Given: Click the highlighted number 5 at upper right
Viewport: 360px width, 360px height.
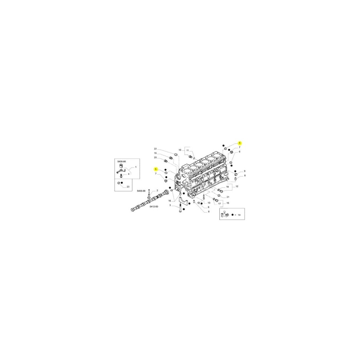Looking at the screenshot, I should [x=240, y=143].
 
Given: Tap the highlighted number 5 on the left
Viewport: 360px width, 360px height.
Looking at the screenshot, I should [x=156, y=169].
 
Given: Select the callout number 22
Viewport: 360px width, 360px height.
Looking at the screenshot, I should [x=155, y=149].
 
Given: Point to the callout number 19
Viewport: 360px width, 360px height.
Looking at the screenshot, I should [x=155, y=153].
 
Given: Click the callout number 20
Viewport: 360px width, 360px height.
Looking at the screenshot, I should [x=155, y=157].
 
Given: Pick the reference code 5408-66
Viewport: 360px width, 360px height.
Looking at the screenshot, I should [x=122, y=162].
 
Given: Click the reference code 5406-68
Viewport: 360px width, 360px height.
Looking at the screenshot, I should [x=141, y=191].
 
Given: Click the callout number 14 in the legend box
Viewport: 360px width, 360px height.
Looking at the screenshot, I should [x=239, y=215].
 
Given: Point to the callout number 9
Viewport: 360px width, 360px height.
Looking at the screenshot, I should [x=244, y=171].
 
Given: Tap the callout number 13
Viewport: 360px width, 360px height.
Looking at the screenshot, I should [x=208, y=203].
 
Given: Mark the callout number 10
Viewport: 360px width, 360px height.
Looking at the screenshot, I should [x=180, y=149].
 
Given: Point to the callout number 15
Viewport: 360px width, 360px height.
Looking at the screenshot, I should [x=228, y=203].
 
